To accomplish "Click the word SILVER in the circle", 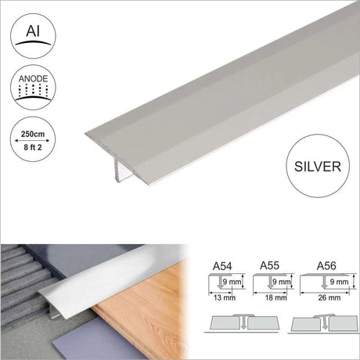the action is (x=318, y=167).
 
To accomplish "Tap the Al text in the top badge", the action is (x=33, y=31).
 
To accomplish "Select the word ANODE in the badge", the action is (x=33, y=79).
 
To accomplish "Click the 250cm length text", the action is (x=33, y=134).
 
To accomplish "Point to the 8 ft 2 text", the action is (x=33, y=147).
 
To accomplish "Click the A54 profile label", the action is (x=222, y=266).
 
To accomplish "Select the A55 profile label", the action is (x=269, y=265).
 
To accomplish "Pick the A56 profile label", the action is (x=326, y=266).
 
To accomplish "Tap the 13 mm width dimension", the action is (x=225, y=297).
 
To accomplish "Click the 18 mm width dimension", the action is (x=276, y=297).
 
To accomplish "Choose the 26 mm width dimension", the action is (x=329, y=297).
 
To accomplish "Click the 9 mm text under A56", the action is (x=339, y=282).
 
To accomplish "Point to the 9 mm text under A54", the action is (x=232, y=282).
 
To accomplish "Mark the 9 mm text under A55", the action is (x=281, y=282).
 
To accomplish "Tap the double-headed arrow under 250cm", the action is (x=32, y=141).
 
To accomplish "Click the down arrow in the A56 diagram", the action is (x=324, y=283).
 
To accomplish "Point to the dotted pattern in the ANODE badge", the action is (x=33, y=90).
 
